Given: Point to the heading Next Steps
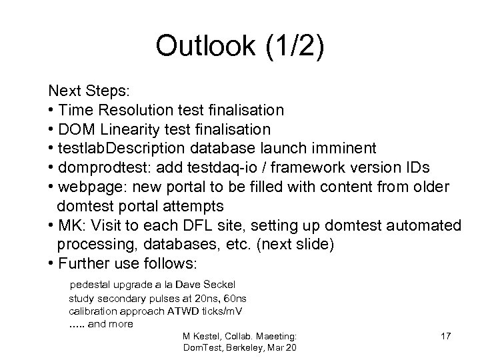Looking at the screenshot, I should (x=78, y=89).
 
